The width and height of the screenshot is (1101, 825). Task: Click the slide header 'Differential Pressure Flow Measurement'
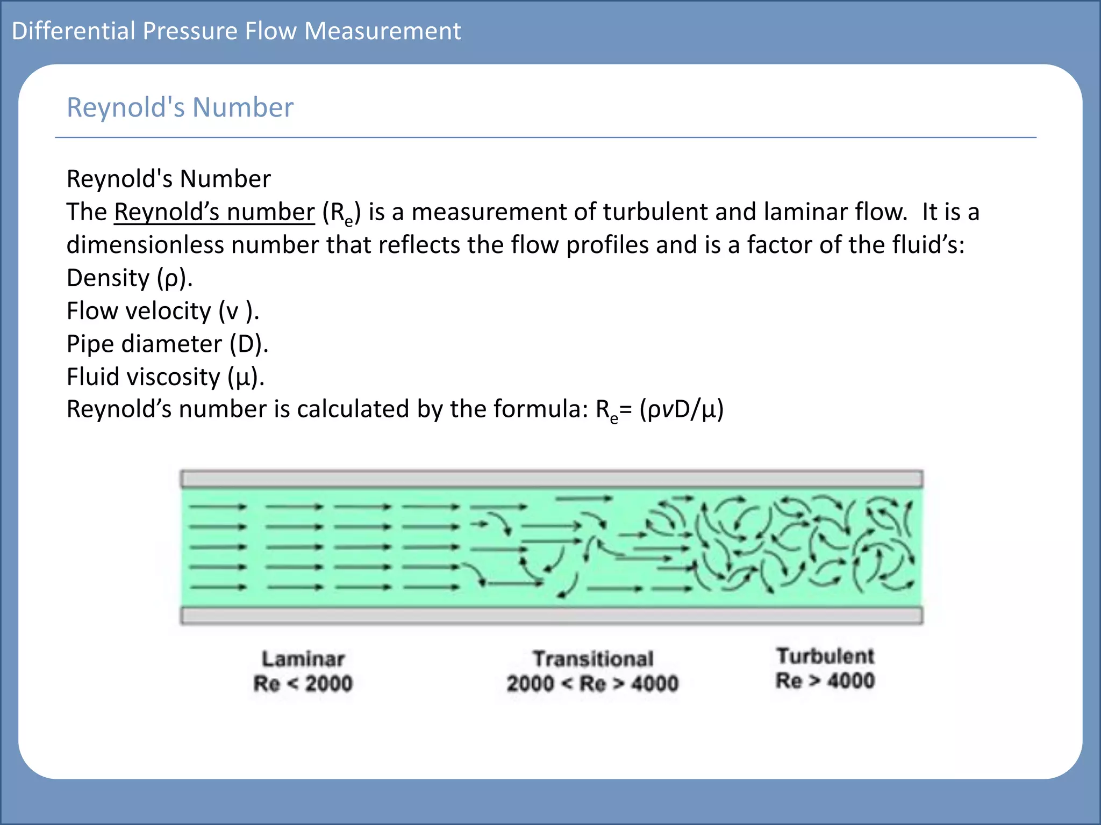pos(236,31)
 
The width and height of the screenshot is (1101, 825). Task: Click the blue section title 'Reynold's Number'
pos(180,107)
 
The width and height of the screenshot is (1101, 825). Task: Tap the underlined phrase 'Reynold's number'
pos(215,212)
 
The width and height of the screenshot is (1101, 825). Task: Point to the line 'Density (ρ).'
pos(130,278)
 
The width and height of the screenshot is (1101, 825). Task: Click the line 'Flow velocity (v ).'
pos(163,311)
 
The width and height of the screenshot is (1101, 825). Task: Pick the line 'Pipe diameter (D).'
pos(167,344)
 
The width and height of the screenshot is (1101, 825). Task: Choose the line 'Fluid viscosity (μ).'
pos(166,377)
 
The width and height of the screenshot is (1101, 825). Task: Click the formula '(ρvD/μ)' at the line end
pos(681,409)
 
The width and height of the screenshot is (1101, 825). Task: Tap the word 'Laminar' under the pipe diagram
pos(303,659)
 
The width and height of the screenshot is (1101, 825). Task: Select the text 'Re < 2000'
pos(303,684)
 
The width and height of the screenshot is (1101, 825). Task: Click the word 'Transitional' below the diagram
pos(593,659)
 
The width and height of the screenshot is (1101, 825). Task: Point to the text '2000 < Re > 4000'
pos(592,684)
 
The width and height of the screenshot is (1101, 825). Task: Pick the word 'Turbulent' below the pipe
pos(825,656)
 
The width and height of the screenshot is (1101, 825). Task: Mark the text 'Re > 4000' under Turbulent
pos(825,681)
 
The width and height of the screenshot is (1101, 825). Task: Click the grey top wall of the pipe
pos(552,479)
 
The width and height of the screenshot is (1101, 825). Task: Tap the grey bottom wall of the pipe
pos(552,616)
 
